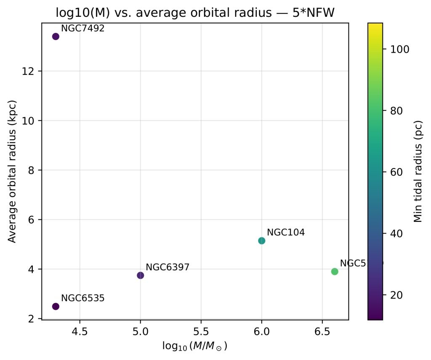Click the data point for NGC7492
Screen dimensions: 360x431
(x=56, y=36)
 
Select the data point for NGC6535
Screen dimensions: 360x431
(x=56, y=306)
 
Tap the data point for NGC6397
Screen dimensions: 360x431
(x=141, y=275)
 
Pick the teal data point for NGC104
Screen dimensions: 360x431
(x=261, y=240)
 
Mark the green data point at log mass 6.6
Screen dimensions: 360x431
(x=335, y=272)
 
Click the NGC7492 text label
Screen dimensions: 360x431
(x=82, y=29)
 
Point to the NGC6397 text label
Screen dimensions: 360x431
(x=168, y=267)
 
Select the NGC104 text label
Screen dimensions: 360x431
(x=286, y=232)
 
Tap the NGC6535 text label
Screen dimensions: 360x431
(x=82, y=298)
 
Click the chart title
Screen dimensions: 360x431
(x=195, y=13)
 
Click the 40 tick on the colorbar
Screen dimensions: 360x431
(x=395, y=233)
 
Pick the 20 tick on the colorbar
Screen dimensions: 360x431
(x=395, y=295)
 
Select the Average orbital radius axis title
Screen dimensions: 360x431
(x=13, y=172)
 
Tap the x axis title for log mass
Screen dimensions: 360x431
(x=195, y=346)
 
